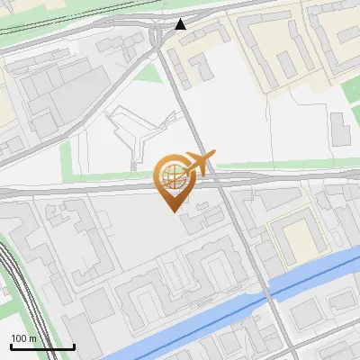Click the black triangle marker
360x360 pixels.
[182, 24]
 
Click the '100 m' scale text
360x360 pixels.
[23, 337]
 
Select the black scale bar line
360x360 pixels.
[42, 346]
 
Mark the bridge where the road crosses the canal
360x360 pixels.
[267, 294]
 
